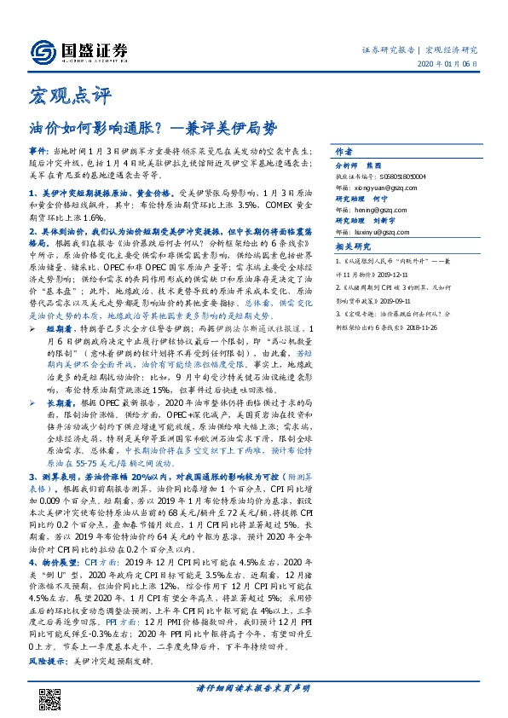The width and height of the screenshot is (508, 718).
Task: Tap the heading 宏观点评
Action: tap(59, 90)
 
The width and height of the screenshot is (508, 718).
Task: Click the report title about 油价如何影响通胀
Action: tap(153, 128)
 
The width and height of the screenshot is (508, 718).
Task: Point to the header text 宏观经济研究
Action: tap(451, 49)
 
